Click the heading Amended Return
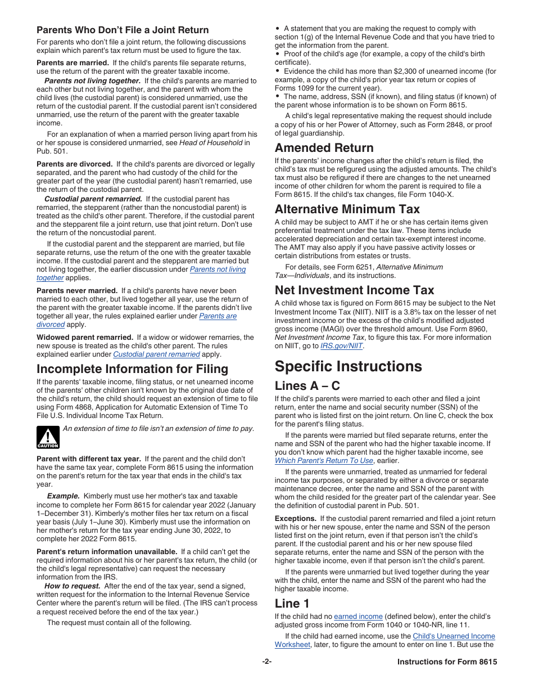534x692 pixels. point(324,148)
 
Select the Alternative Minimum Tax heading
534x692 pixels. point(347,209)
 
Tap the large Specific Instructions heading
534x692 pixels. point(348,366)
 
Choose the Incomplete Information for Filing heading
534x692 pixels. point(132,369)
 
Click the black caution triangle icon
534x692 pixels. point(48,437)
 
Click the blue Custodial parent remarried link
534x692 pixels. point(156,354)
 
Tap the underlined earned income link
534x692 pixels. point(358,617)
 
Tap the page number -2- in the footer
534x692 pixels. point(267,662)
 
